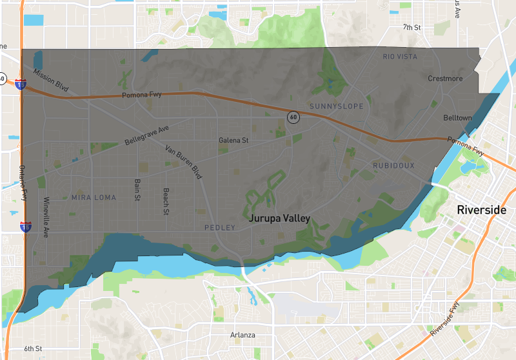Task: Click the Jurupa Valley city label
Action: [280, 219]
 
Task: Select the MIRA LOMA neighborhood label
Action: [94, 197]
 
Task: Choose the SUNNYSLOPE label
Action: [336, 106]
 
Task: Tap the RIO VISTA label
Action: [400, 57]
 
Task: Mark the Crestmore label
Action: [445, 79]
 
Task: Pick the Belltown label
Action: [457, 118]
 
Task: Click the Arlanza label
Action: [243, 335]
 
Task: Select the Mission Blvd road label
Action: [51, 81]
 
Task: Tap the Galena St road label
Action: [233, 140]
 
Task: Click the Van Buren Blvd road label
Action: [184, 161]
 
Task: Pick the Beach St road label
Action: [166, 201]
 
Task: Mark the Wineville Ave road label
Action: [46, 217]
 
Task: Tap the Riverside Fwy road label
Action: [446, 321]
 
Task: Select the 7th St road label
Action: [412, 27]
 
